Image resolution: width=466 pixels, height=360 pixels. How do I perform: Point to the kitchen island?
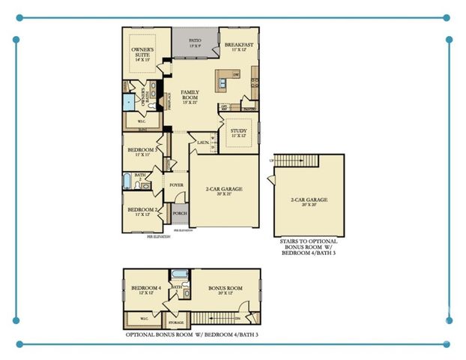click(226, 76)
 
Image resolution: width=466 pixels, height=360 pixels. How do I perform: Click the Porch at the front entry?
click(180, 212)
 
